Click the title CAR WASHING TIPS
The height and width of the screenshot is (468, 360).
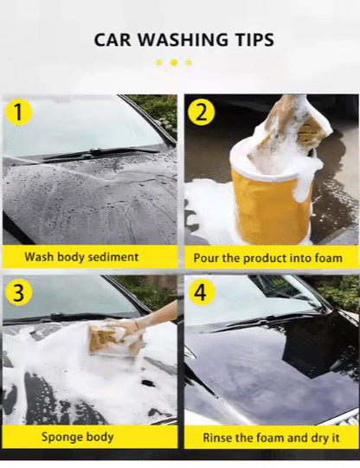coord(183,40)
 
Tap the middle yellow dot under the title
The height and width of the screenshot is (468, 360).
coord(173,62)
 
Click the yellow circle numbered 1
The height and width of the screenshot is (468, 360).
coord(19,112)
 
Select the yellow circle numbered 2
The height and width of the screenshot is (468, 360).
coord(201,112)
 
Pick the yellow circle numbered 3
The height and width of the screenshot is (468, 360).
coord(19,292)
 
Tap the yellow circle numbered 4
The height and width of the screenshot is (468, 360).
coord(201,292)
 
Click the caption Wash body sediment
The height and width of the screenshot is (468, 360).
coord(81,257)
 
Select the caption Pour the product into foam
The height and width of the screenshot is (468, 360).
coord(269,258)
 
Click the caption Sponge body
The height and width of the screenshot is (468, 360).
coord(77,437)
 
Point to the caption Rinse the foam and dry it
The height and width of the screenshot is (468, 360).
coord(269,437)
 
